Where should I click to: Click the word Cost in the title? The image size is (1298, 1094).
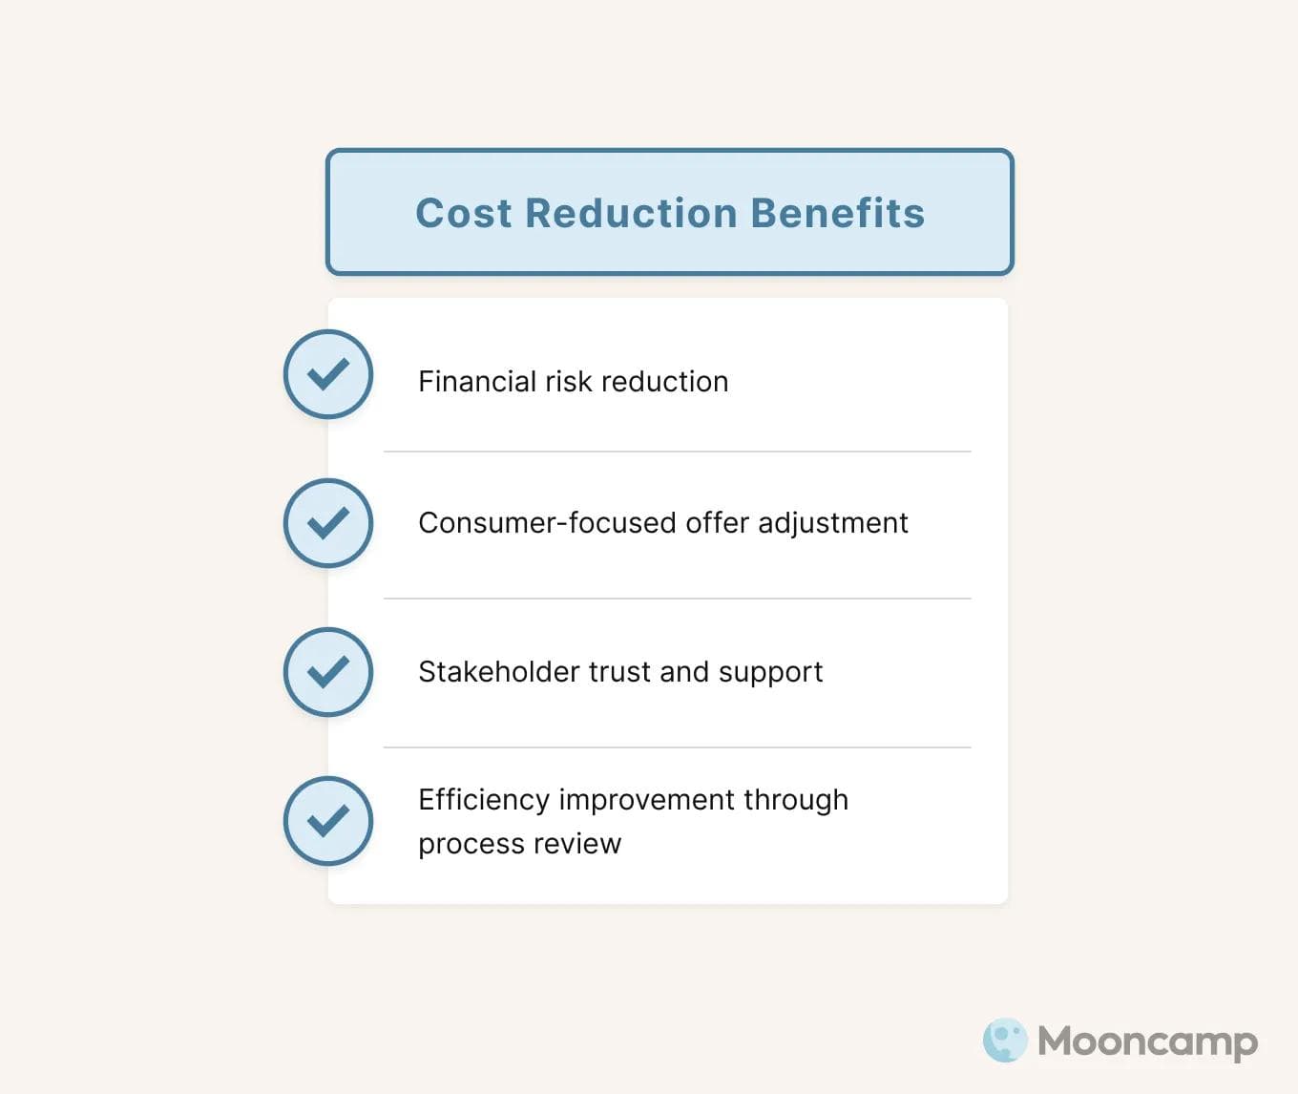tap(464, 213)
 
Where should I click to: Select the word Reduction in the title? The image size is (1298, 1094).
tap(631, 213)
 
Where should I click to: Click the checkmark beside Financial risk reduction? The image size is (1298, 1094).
tap(328, 374)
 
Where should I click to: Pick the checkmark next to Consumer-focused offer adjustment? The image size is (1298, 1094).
tap(328, 523)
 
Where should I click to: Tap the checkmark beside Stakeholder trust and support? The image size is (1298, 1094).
tap(328, 672)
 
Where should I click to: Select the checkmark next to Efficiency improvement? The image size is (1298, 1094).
tap(328, 821)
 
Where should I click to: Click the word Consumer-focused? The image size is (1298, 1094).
tap(547, 523)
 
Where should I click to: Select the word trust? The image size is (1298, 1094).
tap(620, 672)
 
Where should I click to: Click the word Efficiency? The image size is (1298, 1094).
tap(484, 800)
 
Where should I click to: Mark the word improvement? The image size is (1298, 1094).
tap(647, 800)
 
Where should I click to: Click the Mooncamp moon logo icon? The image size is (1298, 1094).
tap(1005, 1041)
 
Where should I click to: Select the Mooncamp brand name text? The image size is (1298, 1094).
tap(1147, 1041)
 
